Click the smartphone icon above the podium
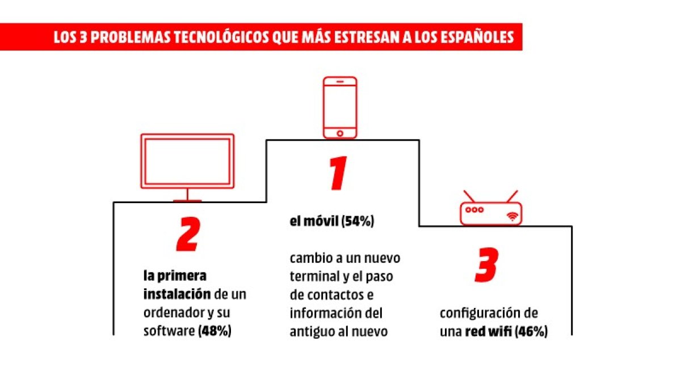[x=340, y=107]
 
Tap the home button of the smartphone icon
[x=340, y=133]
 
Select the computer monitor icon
[x=187, y=161]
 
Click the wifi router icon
[x=490, y=212]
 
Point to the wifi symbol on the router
[x=512, y=216]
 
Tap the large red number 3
[x=486, y=264]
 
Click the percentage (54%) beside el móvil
[x=358, y=222]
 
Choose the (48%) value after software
[x=215, y=331]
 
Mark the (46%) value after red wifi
[x=531, y=333]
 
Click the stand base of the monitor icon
[x=187, y=200]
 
